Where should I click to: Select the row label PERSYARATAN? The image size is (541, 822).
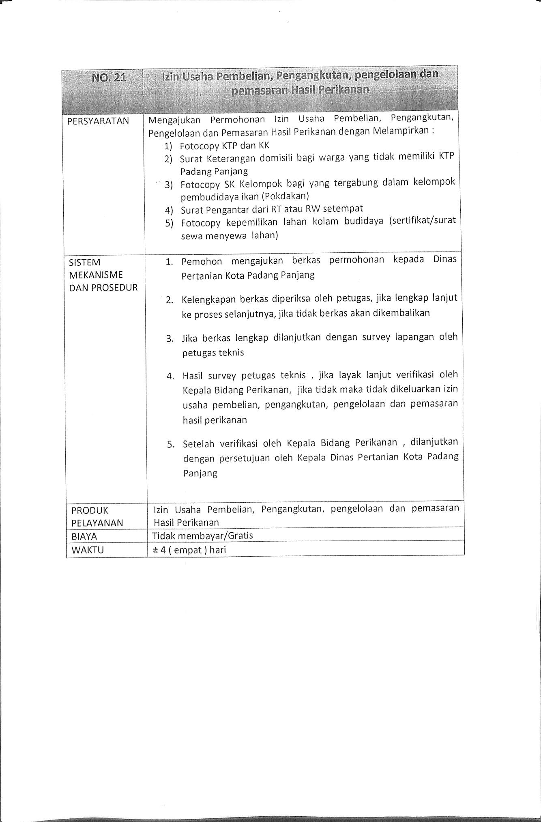98,121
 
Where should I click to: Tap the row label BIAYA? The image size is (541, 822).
84,536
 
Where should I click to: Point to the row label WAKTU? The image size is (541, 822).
88,550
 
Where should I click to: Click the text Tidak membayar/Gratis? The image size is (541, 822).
202,536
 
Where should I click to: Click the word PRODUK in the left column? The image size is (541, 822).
90,510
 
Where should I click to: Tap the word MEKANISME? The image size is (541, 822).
96,275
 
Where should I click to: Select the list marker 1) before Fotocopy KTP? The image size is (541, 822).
168,146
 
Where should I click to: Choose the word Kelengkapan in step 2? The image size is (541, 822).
209,300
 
